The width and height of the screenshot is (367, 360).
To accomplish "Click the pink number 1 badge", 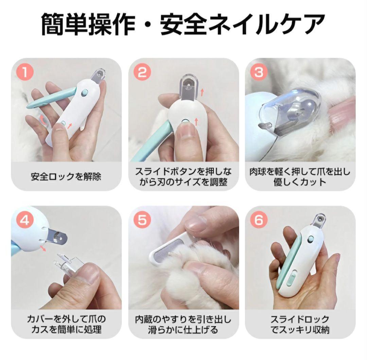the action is coord(25,72).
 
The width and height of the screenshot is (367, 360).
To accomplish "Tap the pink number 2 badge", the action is coord(142,72).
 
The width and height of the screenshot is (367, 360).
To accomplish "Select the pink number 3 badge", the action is coord(259,72).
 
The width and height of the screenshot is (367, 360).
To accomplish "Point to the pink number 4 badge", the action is coord(25,220).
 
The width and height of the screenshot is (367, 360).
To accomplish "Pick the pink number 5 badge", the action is coord(142,220).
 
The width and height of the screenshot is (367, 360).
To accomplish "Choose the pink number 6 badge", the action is coord(259,220).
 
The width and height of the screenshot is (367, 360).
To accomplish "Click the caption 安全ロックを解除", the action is coord(66,176).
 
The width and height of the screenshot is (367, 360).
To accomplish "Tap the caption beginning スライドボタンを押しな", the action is coord(183,177).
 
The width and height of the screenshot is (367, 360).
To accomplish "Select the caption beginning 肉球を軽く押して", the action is coord(300,177).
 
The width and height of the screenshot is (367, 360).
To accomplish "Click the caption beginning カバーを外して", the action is coord(66,324).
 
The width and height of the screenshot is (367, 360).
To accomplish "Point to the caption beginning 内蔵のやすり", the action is coord(183,324).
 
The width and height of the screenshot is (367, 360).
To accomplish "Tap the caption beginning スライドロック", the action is coord(300,324).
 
